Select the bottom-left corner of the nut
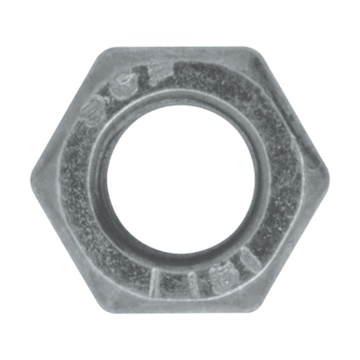point(102,303)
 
